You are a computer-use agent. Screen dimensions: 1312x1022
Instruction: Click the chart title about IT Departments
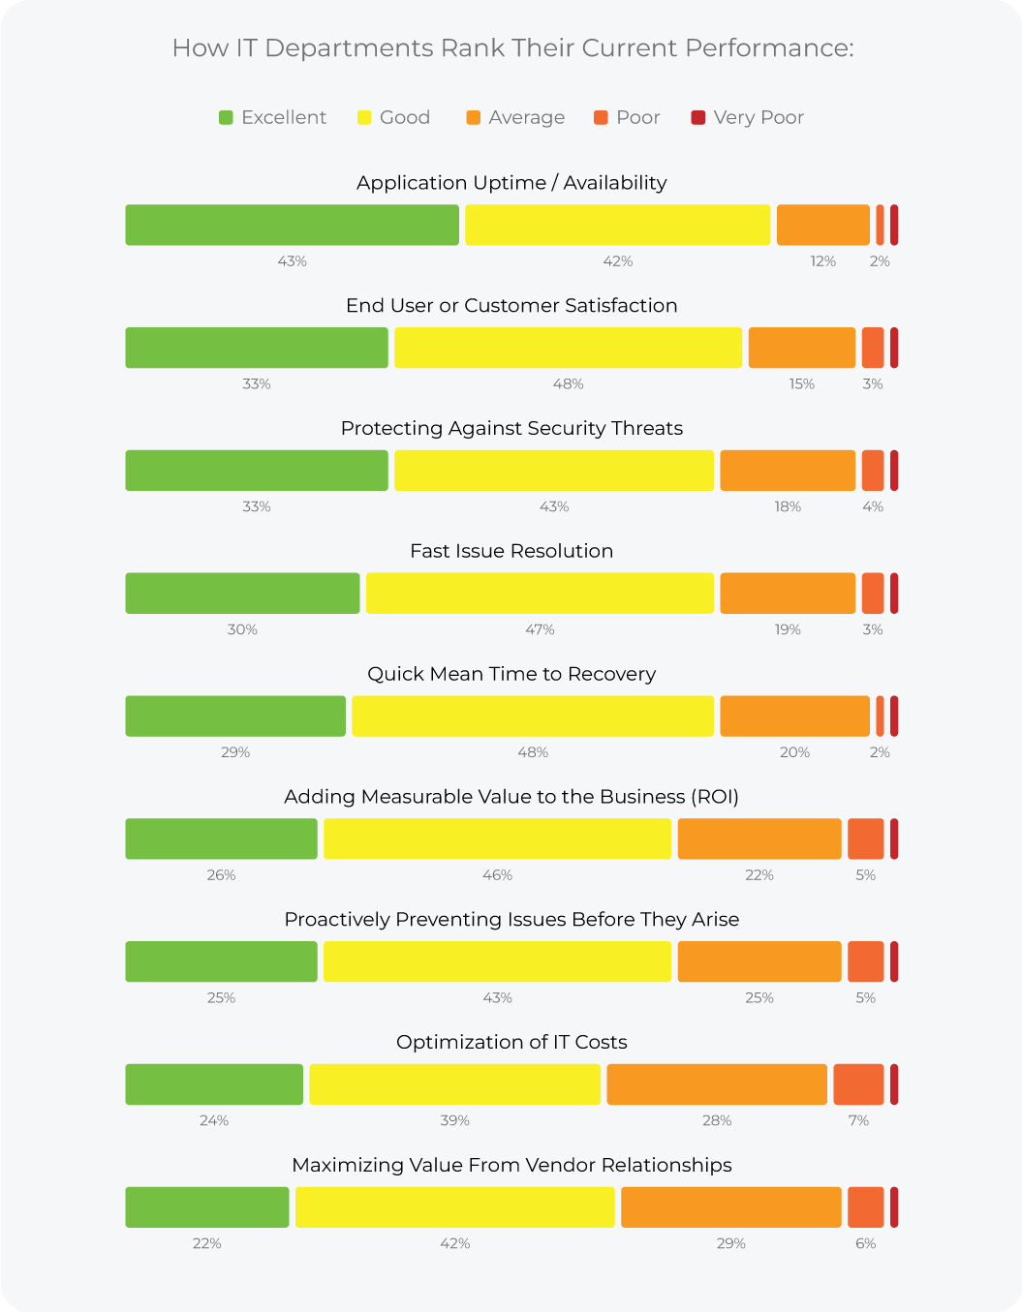pyautogui.click(x=511, y=48)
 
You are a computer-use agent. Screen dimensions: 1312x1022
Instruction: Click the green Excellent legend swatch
pyautogui.click(x=226, y=118)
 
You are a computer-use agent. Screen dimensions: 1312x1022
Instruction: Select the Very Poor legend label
pyautogui.click(x=758, y=118)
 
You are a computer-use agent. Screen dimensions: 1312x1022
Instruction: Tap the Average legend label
pyautogui.click(x=526, y=118)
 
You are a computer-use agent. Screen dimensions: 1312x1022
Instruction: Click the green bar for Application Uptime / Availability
pyautogui.click(x=292, y=226)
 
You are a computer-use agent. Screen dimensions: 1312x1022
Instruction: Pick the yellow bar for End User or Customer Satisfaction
pyautogui.click(x=568, y=348)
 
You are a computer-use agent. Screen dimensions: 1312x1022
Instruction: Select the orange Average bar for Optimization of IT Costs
pyautogui.click(x=717, y=1084)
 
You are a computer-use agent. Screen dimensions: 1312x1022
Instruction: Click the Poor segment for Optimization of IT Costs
pyautogui.click(x=858, y=1084)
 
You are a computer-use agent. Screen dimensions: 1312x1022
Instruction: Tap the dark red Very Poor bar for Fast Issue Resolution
pyautogui.click(x=894, y=594)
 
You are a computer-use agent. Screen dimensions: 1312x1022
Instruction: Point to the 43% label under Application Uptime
pyautogui.click(x=292, y=261)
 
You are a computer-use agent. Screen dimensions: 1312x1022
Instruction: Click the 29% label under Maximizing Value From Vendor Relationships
pyautogui.click(x=731, y=1243)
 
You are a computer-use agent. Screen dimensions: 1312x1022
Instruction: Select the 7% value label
pyautogui.click(x=858, y=1120)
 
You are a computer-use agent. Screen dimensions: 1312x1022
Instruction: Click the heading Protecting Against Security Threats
pyautogui.click(x=511, y=429)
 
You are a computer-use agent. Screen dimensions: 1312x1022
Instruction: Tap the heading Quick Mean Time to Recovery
pyautogui.click(x=511, y=674)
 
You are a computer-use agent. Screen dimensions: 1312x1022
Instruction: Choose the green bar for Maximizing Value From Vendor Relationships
pyautogui.click(x=207, y=1207)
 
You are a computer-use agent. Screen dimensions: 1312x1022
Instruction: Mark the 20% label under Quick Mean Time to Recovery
pyautogui.click(x=794, y=752)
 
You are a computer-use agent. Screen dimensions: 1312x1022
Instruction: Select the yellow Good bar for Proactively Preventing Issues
pyautogui.click(x=497, y=961)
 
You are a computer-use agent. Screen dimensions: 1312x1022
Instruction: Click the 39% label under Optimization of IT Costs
pyautogui.click(x=454, y=1120)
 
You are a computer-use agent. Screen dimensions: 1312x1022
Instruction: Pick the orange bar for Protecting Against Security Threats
pyautogui.click(x=788, y=471)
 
